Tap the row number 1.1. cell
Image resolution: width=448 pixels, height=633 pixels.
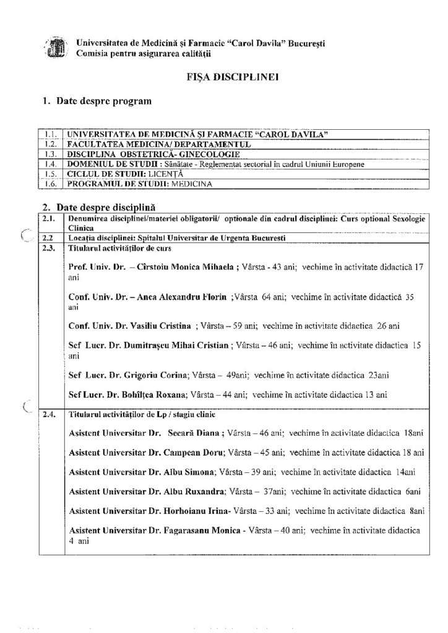point(50,134)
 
